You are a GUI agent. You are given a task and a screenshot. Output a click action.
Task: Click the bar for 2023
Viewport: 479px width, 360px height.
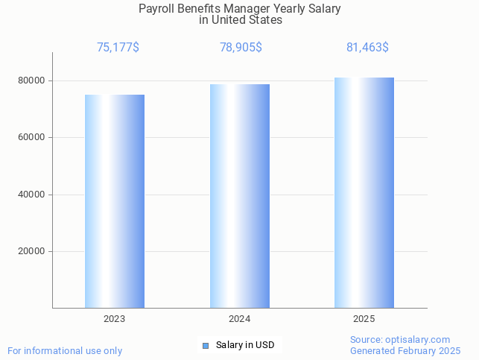pos(115,201)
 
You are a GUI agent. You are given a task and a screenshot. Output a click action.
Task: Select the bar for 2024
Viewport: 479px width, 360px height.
pos(240,196)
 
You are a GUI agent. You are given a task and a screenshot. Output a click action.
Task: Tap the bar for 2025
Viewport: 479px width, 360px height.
pos(364,192)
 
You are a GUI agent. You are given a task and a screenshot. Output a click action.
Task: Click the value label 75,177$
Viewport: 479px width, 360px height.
pos(118,47)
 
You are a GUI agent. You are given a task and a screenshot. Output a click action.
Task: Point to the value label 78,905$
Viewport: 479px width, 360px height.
pos(241,47)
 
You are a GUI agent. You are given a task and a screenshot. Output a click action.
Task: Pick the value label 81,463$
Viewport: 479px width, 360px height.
pos(367,47)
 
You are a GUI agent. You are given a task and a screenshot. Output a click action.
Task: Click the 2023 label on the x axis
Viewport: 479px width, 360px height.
pos(115,318)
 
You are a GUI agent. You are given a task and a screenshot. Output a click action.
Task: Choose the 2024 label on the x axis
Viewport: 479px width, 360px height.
pos(240,318)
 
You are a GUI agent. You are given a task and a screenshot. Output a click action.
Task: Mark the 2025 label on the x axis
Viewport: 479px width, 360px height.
pos(364,318)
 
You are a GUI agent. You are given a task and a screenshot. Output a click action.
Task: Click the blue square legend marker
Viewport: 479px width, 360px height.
pos(206,345)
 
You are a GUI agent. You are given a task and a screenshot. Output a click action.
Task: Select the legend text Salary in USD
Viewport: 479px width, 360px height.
pos(245,345)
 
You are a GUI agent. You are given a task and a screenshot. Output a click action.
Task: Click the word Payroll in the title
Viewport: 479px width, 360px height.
pos(156,9)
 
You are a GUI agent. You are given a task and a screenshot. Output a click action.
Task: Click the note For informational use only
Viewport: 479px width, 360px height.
pos(65,350)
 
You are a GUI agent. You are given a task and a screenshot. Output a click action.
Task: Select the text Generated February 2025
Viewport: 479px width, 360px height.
pos(405,350)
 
